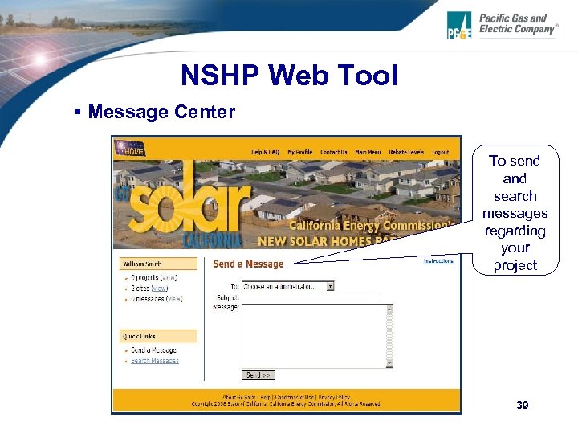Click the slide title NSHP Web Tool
tap(289, 76)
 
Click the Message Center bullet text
tap(161, 112)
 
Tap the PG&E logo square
tap(460, 26)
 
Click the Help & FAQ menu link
tap(265, 152)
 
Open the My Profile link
tap(299, 152)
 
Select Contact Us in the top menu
tap(333, 152)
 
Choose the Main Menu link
tap(368, 152)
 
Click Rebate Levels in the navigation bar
tap(405, 152)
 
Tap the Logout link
tap(440, 152)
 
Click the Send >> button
tap(258, 375)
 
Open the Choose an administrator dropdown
tap(287, 286)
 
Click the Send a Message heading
tap(248, 264)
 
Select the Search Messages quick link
tap(155, 361)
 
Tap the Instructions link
tap(438, 260)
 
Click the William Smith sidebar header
tap(141, 264)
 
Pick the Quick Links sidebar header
tap(140, 336)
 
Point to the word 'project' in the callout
tap(515, 266)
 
